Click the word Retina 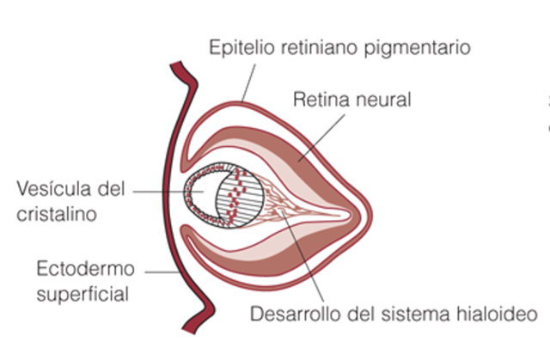pos(320,100)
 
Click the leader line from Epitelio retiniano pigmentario pos(248,82)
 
